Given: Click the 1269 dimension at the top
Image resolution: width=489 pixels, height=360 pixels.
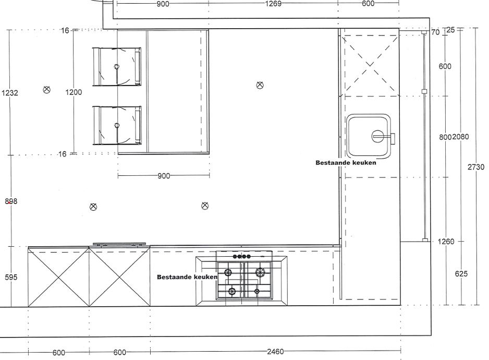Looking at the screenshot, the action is pos(273,4).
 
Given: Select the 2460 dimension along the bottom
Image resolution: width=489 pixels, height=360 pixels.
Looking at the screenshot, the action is pos(275,352).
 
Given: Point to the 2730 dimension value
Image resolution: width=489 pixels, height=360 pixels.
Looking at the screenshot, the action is pos(476,167).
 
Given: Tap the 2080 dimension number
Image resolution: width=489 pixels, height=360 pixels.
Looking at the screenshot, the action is pos(460,137).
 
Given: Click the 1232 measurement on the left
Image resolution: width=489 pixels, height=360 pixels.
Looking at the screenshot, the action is pos(10,92).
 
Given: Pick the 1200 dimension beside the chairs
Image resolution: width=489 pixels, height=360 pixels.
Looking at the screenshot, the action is pos(74,92).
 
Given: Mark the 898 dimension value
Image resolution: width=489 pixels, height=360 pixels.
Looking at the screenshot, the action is pos(11,201).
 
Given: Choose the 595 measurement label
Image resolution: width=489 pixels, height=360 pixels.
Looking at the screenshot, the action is pos(11,277).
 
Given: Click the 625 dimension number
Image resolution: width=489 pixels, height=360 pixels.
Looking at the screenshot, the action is pos(461,273).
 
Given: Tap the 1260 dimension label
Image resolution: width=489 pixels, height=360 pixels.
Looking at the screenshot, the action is pos(446,242).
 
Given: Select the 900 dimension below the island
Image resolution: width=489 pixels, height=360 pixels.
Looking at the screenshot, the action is pos(164,176).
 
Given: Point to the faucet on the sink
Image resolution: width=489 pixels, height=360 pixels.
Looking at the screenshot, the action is pos(384,137).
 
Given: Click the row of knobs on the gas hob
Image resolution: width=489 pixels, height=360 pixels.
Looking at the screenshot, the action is pos(242,257).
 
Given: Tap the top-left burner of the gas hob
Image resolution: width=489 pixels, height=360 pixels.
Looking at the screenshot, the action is pos(228,272).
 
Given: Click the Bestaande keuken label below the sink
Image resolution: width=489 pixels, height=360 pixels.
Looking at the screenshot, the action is pos(346,163).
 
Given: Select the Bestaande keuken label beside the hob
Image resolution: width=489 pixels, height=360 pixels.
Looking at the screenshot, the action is pos(187,277).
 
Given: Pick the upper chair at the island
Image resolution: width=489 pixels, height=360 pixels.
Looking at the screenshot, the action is pos(117,66).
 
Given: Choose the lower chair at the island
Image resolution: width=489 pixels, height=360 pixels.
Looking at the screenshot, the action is pos(117,125).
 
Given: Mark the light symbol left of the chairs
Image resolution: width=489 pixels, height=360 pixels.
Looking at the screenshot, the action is pos(46,90).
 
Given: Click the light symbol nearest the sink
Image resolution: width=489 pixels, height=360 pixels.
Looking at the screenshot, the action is pos(260,85).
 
